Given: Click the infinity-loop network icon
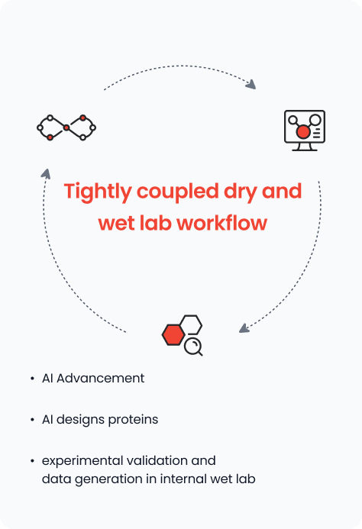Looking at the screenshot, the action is pos(66,127).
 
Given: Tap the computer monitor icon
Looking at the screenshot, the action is pos(305,131).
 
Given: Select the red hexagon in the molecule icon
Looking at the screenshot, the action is pos(173,334).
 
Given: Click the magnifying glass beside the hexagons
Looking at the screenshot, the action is pos(193,347).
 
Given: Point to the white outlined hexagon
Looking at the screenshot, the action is pos(192,324).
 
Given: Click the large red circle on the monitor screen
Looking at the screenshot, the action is pos(303,131).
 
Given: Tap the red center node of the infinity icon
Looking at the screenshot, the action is pos(66,127).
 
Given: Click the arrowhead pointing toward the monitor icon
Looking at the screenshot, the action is pos(251,84).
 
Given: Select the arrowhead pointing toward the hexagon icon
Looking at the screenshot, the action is pos(244,328).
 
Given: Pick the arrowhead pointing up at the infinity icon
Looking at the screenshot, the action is pos(46,174).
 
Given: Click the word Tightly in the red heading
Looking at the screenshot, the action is pos(98,192).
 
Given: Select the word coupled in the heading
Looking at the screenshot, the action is pos(178,192).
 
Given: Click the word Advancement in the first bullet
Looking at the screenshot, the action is pos(100,378).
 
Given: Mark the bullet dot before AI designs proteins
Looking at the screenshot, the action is pos(32,420).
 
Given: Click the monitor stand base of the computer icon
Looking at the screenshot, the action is pos(305,150).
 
